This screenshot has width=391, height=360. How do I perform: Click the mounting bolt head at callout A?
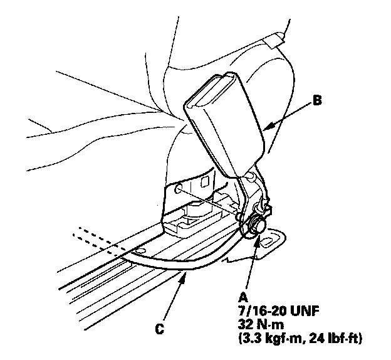[x=258, y=223]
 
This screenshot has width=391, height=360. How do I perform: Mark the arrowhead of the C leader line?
[x=183, y=275]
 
